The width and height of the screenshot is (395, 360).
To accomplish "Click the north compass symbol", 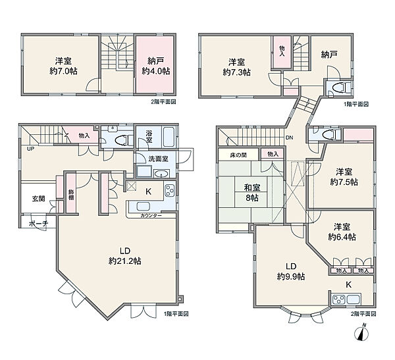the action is click(361, 332).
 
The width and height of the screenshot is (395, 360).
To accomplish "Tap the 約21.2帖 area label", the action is click(124, 261).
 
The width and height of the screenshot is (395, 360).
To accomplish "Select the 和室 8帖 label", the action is click(252, 192).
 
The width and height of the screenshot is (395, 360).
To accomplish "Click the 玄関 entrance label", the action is click(38, 199).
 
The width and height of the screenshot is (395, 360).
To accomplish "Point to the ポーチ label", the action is click(38, 223).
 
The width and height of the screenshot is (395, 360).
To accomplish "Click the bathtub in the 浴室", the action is click(169, 137).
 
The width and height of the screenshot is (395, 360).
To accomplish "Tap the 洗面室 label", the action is click(158, 159).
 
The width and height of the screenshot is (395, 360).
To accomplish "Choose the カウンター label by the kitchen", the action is click(151, 215).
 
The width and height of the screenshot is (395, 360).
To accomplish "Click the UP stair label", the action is click(30, 149).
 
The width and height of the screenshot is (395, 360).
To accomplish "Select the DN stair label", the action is click(290, 138).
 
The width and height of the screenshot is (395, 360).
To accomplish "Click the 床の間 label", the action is click(238, 155).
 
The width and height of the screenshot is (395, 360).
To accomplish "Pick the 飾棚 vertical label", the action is click(71, 195).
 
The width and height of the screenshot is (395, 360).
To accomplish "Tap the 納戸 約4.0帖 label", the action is click(155, 66).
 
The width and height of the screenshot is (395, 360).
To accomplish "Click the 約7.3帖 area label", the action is click(236, 72).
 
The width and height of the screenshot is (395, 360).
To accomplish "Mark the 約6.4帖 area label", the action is click(342, 237).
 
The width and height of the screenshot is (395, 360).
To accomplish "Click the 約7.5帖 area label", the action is click(344, 182).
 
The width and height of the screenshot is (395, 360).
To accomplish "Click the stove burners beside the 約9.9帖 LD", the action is click(338, 300).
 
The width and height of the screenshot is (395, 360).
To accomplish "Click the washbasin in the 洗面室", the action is click(161, 174).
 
